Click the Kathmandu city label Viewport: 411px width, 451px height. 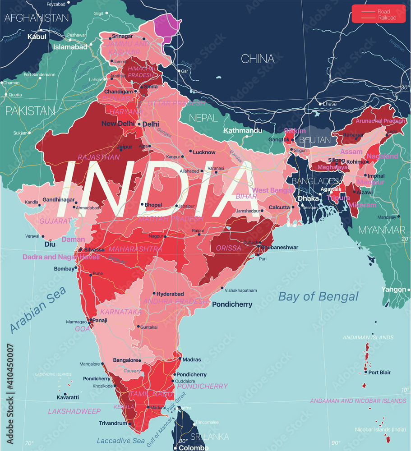tap(243, 130)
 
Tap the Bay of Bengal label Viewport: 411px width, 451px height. tap(318, 296)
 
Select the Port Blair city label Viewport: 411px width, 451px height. tap(379, 373)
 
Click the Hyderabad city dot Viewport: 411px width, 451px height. tap(154, 294)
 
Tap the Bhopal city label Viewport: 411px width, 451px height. tap(153, 205)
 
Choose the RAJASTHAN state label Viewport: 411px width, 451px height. tap(99, 157)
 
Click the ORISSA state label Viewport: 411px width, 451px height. tap(228, 248)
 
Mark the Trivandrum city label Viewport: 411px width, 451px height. tap(113, 423)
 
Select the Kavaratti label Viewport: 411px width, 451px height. tap(68, 397)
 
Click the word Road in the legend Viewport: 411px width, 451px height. tap(384, 11)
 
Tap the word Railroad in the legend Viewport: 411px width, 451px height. tap(387, 18)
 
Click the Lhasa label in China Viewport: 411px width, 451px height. tap(329, 104)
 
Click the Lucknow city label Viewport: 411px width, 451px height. tap(204, 152)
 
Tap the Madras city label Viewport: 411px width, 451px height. tap(192, 359)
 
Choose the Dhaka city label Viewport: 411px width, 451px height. tap(307, 198)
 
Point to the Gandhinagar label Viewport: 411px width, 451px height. tap(58, 199)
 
